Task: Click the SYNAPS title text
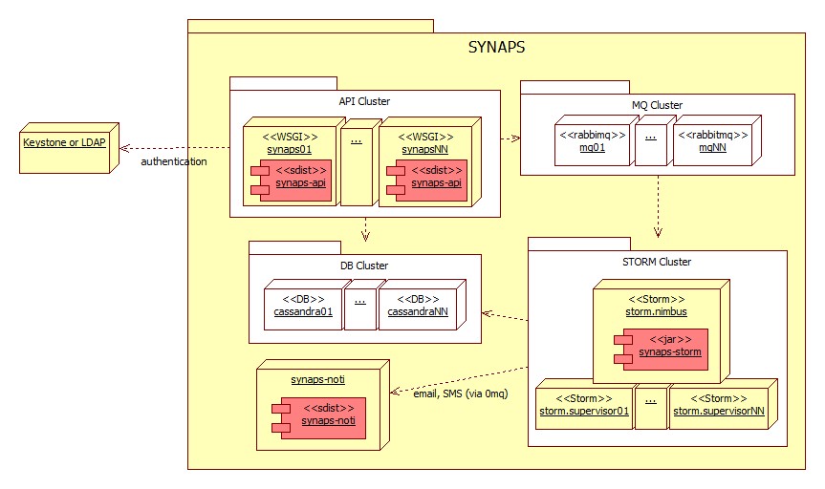[496, 47]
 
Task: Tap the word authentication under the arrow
[173, 161]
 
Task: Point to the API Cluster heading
[364, 101]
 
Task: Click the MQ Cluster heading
[657, 105]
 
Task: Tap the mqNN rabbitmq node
[712, 142]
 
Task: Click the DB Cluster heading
[364, 266]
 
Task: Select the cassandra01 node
[302, 304]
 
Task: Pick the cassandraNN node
[421, 304]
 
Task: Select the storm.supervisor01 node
[582, 405]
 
